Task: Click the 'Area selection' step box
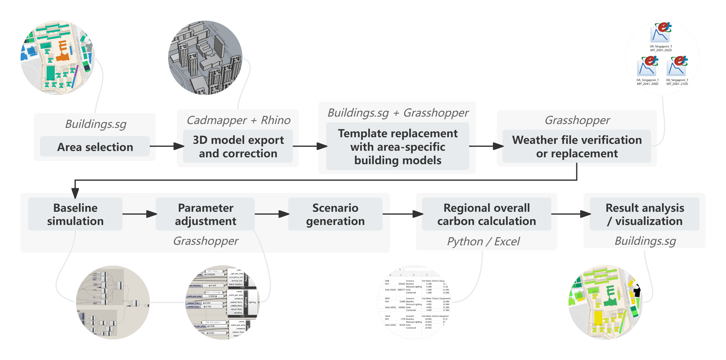click(95, 147)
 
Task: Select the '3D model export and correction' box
click(238, 147)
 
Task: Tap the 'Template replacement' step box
click(398, 147)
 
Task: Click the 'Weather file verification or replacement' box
click(577, 147)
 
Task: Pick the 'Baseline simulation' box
click(75, 214)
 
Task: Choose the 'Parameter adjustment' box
click(205, 214)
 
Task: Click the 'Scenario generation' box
click(335, 214)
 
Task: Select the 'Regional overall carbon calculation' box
click(487, 214)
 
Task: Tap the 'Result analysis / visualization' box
click(645, 214)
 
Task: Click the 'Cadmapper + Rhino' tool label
click(238, 120)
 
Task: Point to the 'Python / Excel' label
click(483, 241)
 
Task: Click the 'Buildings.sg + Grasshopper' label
click(398, 113)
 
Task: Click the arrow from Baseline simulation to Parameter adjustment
click(139, 214)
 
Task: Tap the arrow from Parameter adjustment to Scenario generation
click(272, 214)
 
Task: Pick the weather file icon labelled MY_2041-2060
click(647, 66)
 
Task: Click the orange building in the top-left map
click(63, 51)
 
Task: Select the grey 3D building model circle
click(205, 57)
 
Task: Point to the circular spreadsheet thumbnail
click(414, 302)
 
